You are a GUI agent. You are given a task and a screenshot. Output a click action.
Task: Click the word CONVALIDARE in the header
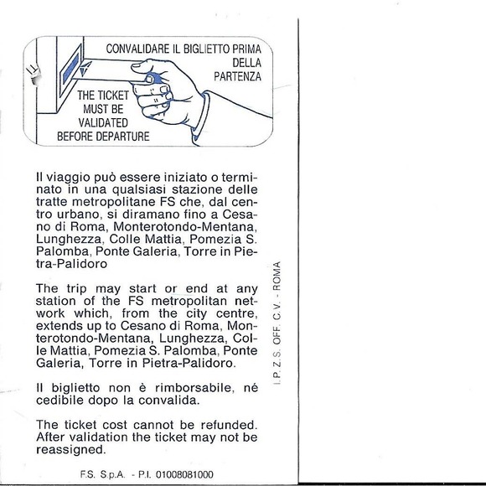[138, 49]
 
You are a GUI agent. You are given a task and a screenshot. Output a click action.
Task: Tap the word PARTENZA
[237, 76]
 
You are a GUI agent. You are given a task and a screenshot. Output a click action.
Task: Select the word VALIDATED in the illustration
[103, 122]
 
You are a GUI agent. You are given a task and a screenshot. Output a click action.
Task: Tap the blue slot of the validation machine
[71, 68]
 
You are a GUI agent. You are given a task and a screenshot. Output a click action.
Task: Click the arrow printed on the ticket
[85, 69]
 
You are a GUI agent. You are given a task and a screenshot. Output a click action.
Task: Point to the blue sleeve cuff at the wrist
[201, 119]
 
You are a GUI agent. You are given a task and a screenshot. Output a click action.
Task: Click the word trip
[76, 289]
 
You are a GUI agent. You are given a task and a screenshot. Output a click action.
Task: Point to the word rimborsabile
[194, 388]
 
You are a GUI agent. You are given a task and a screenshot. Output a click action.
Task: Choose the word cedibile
[60, 401]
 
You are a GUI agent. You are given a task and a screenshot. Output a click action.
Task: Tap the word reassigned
[71, 449]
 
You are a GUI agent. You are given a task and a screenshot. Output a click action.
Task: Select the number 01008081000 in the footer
[184, 474]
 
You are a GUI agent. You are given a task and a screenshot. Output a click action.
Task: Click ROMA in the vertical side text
[277, 276]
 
